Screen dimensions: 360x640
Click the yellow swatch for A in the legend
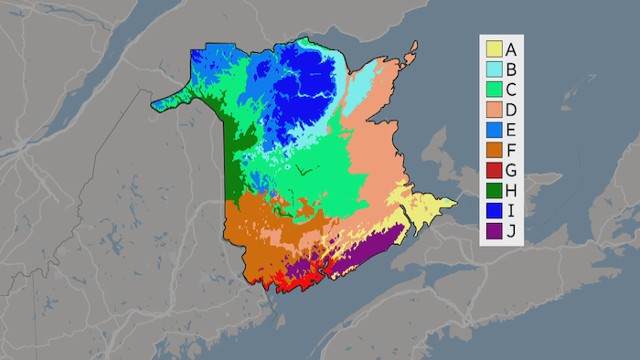pyautogui.click(x=494, y=48)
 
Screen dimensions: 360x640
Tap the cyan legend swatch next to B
pyautogui.click(x=494, y=69)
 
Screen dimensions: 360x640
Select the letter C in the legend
pyautogui.click(x=512, y=89)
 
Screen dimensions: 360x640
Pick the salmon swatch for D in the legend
pyautogui.click(x=494, y=109)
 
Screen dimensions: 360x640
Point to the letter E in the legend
pyautogui.click(x=512, y=129)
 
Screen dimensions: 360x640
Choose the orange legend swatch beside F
pyautogui.click(x=494, y=149)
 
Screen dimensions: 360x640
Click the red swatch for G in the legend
pyautogui.click(x=494, y=169)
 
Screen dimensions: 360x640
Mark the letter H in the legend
pyautogui.click(x=512, y=189)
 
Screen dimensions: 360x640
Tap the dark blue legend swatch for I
pyautogui.click(x=494, y=209)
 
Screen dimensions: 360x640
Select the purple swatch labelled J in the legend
pyautogui.click(x=494, y=229)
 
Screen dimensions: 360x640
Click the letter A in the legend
pyautogui.click(x=512, y=48)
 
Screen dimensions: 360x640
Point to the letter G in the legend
pyautogui.click(x=512, y=169)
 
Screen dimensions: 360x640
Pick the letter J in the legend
pyautogui.click(x=511, y=229)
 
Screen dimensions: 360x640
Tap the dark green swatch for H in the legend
pyautogui.click(x=494, y=189)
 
